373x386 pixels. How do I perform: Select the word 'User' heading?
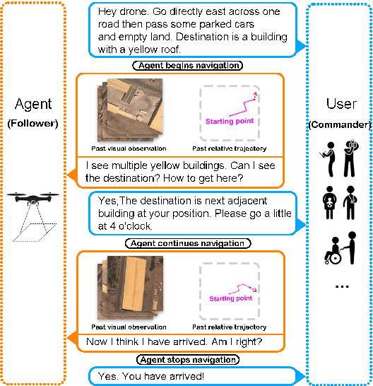342,105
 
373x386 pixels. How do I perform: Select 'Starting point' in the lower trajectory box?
231,298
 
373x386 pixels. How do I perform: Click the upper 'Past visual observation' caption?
129,149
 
